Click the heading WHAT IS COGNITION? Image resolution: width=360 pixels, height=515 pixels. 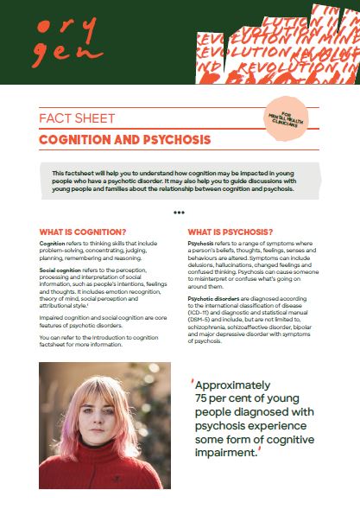83,232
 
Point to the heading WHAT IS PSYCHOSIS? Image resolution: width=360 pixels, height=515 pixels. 231,232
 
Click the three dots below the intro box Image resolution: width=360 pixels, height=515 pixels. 179,212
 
